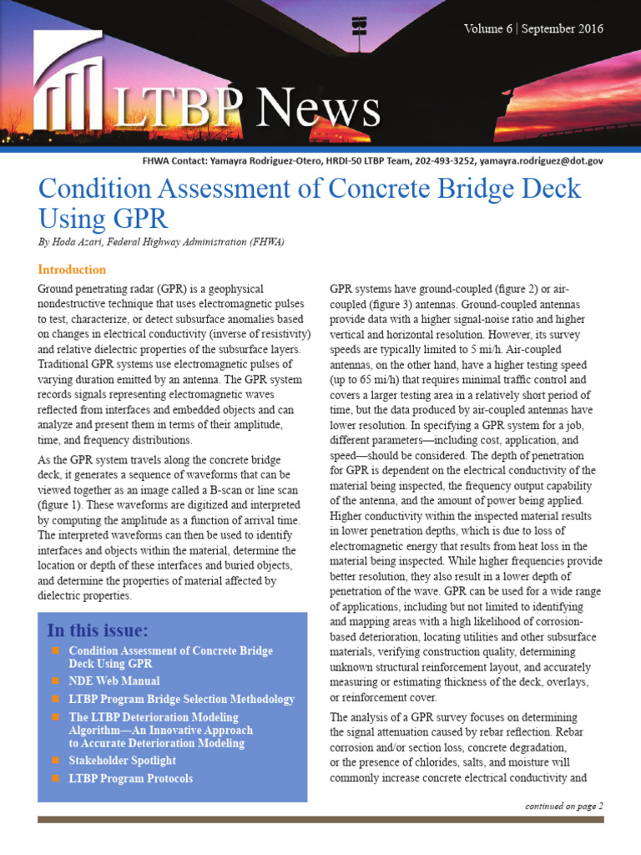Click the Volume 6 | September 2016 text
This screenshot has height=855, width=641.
click(x=533, y=29)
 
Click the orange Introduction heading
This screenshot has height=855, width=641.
click(x=72, y=270)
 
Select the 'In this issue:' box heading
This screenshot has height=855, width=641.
click(x=98, y=629)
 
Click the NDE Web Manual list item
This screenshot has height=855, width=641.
click(x=114, y=681)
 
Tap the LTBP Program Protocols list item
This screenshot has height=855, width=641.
click(x=130, y=778)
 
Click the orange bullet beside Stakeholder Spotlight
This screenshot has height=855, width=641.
click(x=56, y=761)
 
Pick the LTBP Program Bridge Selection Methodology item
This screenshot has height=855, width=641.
click(x=181, y=699)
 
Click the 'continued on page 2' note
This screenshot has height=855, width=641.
click(x=563, y=806)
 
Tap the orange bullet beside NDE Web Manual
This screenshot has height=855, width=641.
click(x=56, y=681)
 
